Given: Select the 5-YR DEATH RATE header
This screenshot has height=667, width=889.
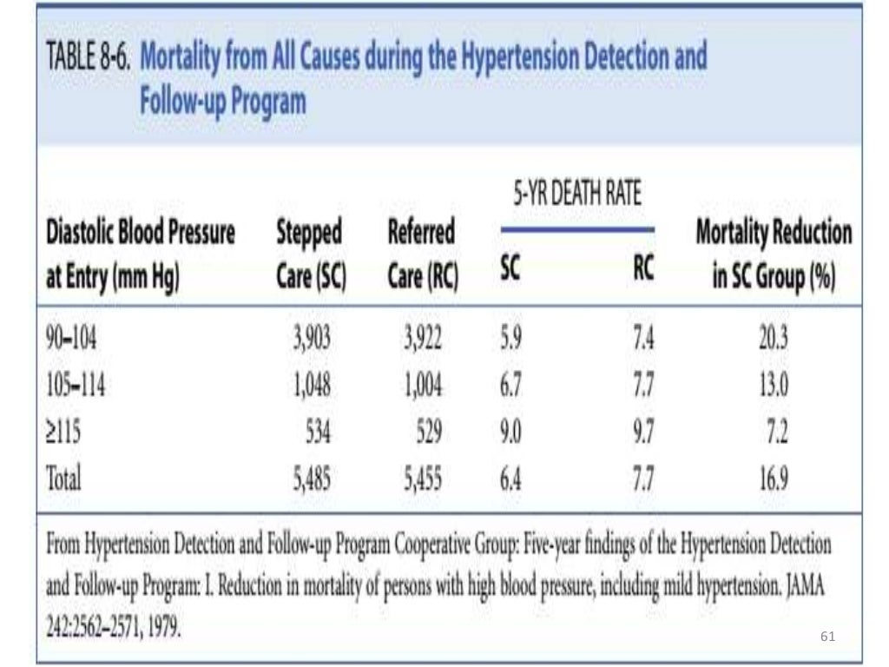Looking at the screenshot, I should pyautogui.click(x=576, y=194).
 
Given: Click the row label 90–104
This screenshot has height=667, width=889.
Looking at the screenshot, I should pyautogui.click(x=70, y=339).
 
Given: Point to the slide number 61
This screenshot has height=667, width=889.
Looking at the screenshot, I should pyautogui.click(x=827, y=637).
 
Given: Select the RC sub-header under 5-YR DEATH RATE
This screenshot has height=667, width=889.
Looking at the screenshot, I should pyautogui.click(x=642, y=270).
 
